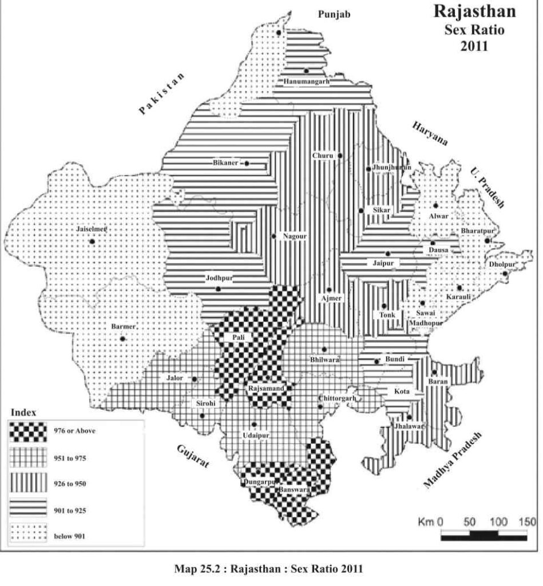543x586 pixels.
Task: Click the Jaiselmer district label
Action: pyautogui.click(x=92, y=229)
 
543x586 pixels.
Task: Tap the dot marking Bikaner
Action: pyautogui.click(x=247, y=163)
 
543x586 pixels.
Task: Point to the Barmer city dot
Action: pyautogui.click(x=122, y=339)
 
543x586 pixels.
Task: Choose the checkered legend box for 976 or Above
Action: pyautogui.click(x=28, y=431)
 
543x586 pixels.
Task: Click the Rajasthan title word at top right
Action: pyautogui.click(x=474, y=11)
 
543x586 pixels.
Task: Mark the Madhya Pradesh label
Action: pyautogui.click(x=453, y=460)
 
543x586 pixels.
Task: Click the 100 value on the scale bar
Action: pyautogui.click(x=498, y=522)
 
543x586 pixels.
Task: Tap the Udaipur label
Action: pyautogui.click(x=255, y=434)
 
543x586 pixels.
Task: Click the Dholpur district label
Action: pyautogui.click(x=502, y=264)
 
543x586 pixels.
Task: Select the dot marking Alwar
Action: pyautogui.click(x=435, y=205)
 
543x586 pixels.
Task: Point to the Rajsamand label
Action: pyautogui.click(x=267, y=389)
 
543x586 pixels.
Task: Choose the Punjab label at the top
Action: pyautogui.click(x=334, y=14)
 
